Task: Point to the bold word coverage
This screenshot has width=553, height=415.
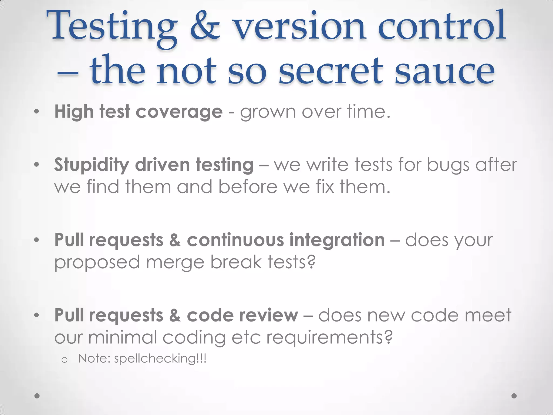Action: click(x=179, y=112)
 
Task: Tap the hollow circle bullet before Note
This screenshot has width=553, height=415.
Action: click(x=64, y=360)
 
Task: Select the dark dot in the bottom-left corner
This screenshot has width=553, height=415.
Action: click(x=37, y=396)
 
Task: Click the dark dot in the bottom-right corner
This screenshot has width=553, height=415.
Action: click(x=514, y=396)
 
